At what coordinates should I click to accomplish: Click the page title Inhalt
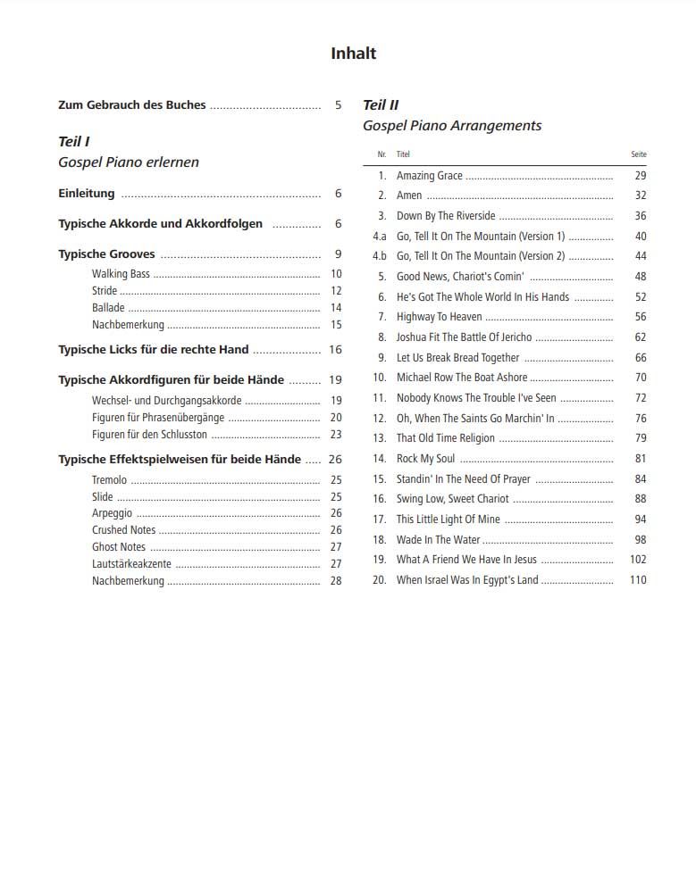tap(353, 54)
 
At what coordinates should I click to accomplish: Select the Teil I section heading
tap(74, 142)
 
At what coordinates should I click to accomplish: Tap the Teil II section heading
tap(381, 105)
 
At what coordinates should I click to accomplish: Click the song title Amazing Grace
tap(429, 176)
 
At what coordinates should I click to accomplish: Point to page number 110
tap(637, 580)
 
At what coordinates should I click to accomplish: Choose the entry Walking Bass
tap(121, 274)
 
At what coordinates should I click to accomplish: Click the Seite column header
tap(638, 154)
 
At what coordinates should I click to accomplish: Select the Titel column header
tap(403, 154)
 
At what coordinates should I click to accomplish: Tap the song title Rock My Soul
tap(425, 459)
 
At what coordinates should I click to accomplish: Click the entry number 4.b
tap(379, 256)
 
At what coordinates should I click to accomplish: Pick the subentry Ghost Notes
tap(118, 547)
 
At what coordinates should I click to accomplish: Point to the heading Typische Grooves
tap(106, 254)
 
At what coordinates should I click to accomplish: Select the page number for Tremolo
tap(336, 480)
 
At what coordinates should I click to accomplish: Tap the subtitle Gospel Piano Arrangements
tap(451, 126)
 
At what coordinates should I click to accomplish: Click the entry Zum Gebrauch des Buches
tap(131, 105)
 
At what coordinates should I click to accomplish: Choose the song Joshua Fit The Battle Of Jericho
tap(464, 337)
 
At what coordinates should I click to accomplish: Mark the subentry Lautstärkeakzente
tap(131, 564)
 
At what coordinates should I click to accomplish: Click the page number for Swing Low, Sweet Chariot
tap(640, 499)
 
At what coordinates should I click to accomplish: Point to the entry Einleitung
tap(87, 194)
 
